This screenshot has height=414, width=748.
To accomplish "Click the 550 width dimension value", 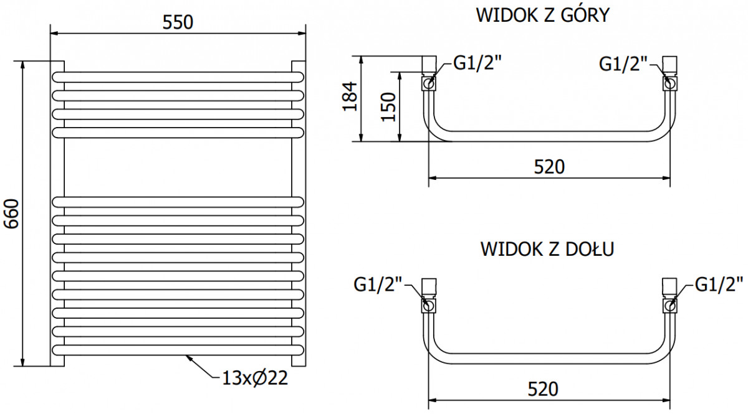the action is [x=178, y=22].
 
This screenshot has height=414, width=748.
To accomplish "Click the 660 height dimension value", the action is [x=11, y=214].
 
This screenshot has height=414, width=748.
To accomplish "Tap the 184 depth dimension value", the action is [x=350, y=96].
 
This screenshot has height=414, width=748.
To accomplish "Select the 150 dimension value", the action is [x=388, y=106].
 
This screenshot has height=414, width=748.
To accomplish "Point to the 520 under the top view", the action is [x=549, y=167].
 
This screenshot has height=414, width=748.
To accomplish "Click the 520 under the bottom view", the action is [x=543, y=389].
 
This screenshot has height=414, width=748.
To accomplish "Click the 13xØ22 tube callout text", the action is [x=255, y=379].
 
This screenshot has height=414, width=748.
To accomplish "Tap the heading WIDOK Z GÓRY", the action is [x=543, y=15].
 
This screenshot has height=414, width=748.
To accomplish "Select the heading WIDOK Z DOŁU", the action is [x=547, y=249].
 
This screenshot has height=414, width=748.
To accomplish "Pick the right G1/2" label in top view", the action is [x=618, y=64].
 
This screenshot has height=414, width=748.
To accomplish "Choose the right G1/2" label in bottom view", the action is [x=719, y=285].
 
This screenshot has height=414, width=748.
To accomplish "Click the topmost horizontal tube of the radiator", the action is [x=178, y=77].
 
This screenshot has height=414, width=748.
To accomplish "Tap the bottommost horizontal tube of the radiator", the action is [x=178, y=350].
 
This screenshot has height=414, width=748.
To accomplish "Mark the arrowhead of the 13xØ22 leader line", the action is [x=188, y=357].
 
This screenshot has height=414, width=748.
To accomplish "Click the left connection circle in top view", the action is [x=428, y=83].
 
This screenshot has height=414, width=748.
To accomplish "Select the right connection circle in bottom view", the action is [x=670, y=306].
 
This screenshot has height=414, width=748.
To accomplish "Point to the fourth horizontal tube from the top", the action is [x=178, y=133].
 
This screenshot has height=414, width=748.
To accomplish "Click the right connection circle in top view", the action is [x=670, y=83].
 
